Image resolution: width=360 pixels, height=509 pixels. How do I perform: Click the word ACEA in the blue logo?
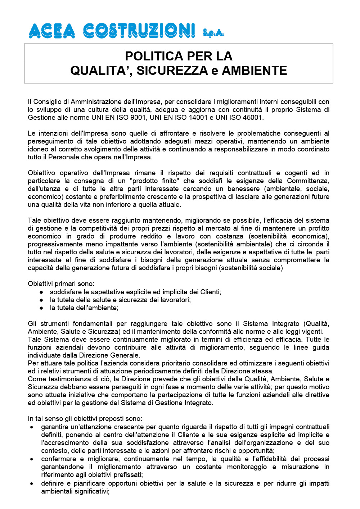point(52,31)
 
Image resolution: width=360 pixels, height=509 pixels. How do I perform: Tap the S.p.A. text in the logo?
point(213,33)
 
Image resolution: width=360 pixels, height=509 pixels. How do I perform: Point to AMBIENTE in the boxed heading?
point(255,71)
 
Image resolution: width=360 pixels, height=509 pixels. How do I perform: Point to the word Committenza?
point(308,181)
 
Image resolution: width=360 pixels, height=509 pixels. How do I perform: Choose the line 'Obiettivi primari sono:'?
point(61,284)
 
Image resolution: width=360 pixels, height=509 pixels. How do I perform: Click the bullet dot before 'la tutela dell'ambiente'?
point(42,308)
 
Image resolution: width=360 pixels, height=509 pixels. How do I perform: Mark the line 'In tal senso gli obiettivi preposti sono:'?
point(85,419)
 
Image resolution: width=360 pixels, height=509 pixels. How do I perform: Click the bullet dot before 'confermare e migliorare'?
point(32,459)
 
